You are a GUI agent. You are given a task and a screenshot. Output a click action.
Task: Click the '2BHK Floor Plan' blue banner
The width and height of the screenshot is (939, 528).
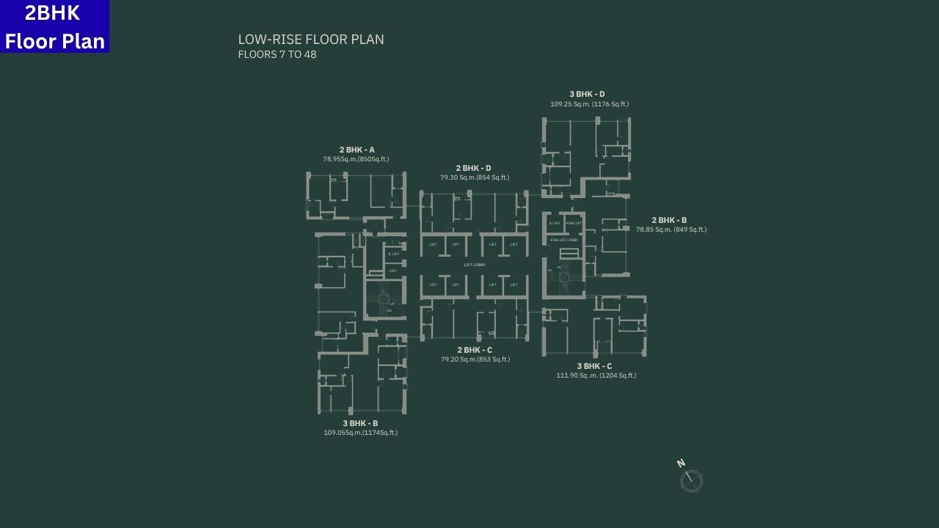(54, 26)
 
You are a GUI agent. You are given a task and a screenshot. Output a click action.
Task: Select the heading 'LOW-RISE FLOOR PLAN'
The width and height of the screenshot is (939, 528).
(311, 40)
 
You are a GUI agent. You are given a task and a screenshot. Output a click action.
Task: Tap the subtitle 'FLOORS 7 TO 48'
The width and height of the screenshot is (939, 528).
(277, 54)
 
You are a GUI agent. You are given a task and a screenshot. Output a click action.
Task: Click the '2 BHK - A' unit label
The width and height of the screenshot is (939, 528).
(357, 150)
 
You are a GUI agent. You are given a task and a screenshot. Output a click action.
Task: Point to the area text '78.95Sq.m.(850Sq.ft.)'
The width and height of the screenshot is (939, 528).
(356, 159)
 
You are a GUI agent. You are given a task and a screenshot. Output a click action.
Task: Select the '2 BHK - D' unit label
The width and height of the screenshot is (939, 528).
(473, 168)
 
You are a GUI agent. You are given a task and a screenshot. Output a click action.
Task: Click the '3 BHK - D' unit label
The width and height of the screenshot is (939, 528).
(587, 94)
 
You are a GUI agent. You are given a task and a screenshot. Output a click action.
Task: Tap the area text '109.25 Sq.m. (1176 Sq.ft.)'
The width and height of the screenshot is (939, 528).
(589, 104)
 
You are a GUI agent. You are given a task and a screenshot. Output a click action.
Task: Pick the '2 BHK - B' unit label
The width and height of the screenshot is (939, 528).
(669, 220)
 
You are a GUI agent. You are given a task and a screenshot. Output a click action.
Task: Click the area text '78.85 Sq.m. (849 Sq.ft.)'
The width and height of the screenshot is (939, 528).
(671, 230)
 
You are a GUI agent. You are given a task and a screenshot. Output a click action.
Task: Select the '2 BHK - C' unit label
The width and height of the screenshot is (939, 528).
(475, 350)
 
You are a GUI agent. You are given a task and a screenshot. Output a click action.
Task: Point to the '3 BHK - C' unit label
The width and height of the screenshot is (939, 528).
(594, 366)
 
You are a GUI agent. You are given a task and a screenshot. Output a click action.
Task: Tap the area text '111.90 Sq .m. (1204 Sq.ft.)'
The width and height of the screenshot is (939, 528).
(596, 375)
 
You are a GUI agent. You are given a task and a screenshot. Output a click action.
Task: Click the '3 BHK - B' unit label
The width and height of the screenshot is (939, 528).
(360, 423)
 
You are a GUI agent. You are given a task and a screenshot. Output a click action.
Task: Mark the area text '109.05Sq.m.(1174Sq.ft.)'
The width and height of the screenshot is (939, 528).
(360, 433)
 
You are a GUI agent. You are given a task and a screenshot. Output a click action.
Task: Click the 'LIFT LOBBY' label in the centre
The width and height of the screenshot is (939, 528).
(475, 265)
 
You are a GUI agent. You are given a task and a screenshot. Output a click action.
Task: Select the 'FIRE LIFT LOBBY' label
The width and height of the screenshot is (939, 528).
(564, 240)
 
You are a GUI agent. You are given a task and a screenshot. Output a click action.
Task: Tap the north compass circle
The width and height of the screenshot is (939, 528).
(692, 481)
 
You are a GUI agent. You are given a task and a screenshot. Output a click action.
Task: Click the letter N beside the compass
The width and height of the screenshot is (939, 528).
(681, 463)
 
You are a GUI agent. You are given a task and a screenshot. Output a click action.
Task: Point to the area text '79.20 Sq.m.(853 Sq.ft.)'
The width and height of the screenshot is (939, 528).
(475, 359)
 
